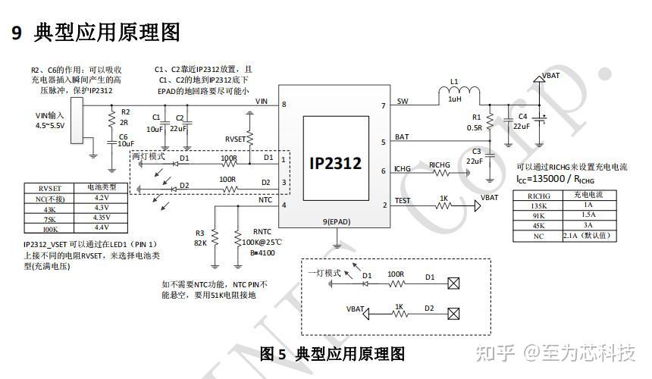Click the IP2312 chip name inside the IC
pos(335,163)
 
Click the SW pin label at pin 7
pos(402,101)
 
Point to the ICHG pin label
pos(403,169)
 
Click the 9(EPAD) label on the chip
pos(336,221)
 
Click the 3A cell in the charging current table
pos(588,225)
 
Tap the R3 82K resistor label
pos(200,238)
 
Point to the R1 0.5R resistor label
pos(476,122)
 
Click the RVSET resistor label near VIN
pos(236,139)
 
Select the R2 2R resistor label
pos(126,116)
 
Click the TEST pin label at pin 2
pos(403,202)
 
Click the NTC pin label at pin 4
pos(265,200)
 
